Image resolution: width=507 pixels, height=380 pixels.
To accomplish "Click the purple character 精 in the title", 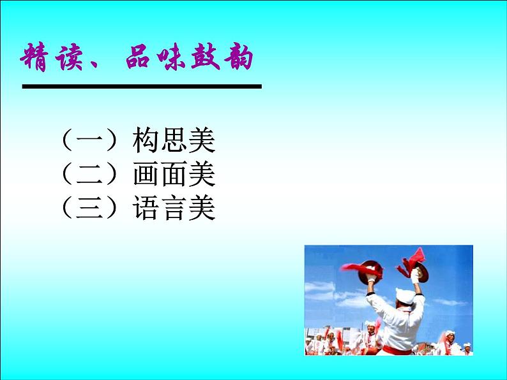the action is (34, 57).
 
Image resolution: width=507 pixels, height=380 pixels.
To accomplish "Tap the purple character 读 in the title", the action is (69, 57).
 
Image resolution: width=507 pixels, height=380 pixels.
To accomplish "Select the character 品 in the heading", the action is (138, 57).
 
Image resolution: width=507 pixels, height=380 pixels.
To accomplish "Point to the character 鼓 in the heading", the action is (206, 57).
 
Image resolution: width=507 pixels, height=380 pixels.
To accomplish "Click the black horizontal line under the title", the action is (142, 87).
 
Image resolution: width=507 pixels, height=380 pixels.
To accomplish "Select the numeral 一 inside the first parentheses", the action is (89, 140).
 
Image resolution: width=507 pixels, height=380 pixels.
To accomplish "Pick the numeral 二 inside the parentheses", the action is (89, 174).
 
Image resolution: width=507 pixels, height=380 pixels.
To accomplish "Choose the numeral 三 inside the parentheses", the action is (89, 208).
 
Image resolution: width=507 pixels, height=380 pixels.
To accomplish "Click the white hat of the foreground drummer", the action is (405, 296).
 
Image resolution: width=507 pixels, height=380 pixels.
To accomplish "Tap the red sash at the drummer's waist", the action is (397, 350).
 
